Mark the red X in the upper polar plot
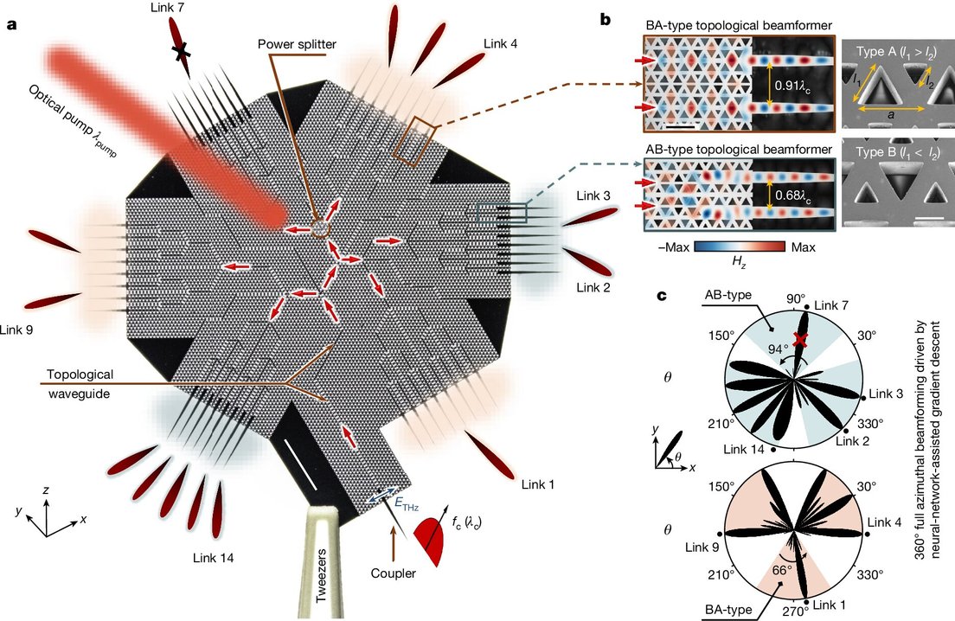[x=801, y=341]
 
